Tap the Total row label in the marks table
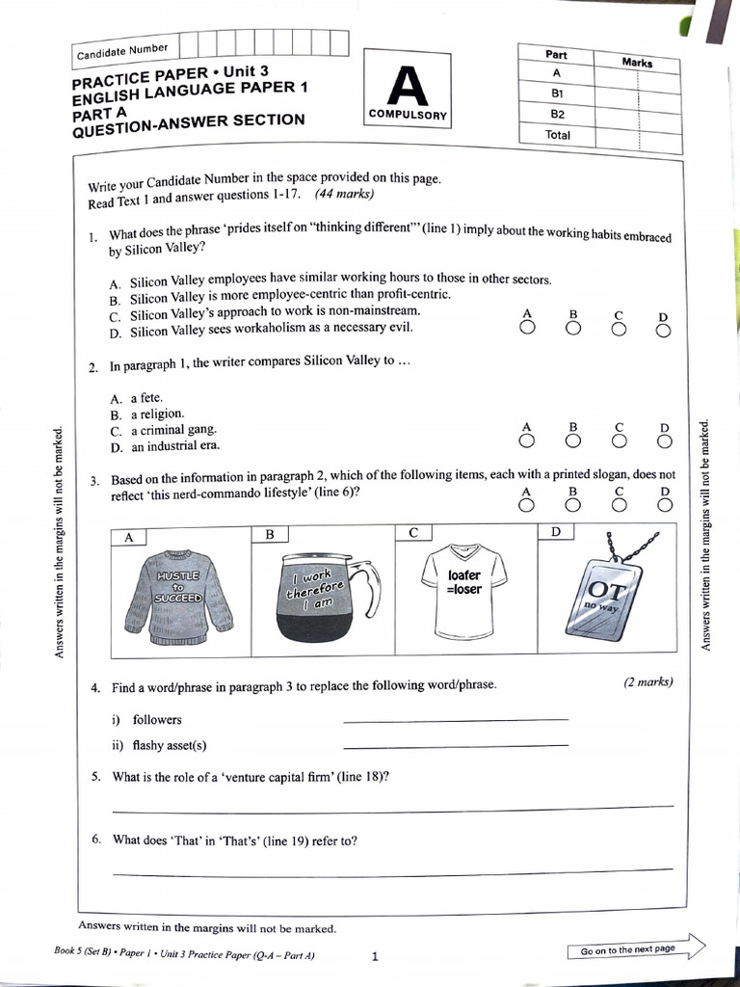tap(558, 135)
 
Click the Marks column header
tap(637, 63)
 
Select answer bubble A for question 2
tap(526, 441)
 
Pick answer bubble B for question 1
tap(573, 329)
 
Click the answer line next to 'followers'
tap(455, 719)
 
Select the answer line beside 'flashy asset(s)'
tap(455, 746)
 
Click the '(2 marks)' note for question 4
tap(647, 682)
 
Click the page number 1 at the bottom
tap(375, 956)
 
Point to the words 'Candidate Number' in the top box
tap(122, 50)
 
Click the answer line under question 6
tap(392, 872)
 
